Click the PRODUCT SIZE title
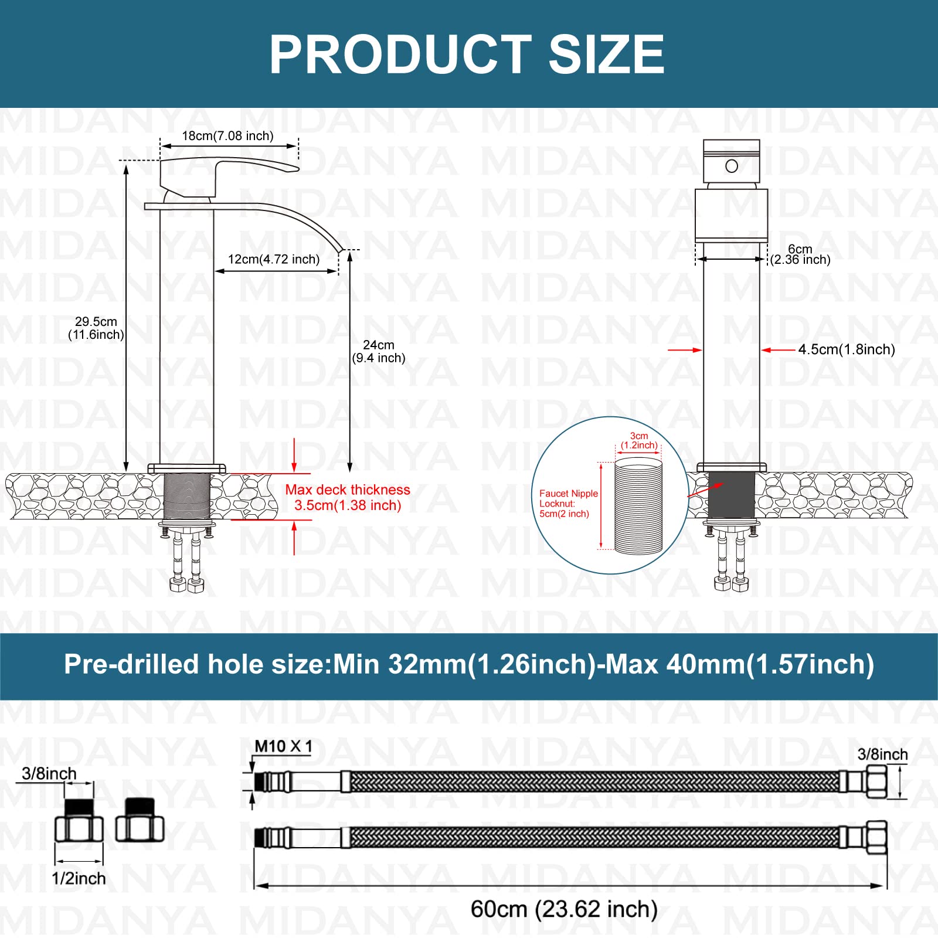tap(467, 54)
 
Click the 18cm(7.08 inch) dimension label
tap(227, 136)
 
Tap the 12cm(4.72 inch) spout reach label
tap(273, 259)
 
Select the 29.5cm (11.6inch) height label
tap(96, 328)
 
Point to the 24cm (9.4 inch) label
tap(379, 351)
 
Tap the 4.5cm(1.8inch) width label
tap(846, 349)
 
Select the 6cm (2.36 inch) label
tap(800, 254)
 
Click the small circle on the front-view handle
tap(732, 166)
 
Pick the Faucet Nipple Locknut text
tap(568, 503)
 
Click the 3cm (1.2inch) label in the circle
tap(639, 440)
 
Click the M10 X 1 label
tap(283, 746)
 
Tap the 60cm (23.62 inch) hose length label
tap(564, 909)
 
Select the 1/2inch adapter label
tap(79, 878)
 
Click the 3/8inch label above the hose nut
tap(882, 755)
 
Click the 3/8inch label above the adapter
tap(49, 773)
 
